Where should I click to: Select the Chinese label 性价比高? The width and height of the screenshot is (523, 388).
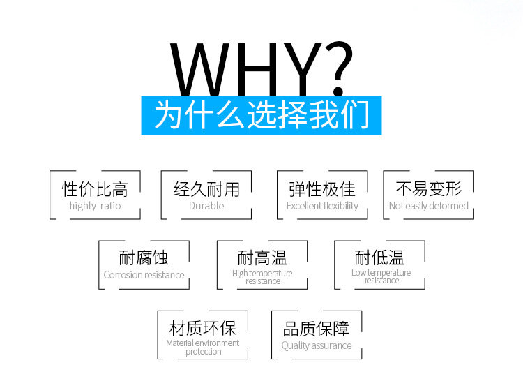[95, 189]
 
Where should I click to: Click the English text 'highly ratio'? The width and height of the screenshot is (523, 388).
[95, 206]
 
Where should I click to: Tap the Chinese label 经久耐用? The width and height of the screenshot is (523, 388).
[206, 189]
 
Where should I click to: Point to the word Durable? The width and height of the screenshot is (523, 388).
[206, 206]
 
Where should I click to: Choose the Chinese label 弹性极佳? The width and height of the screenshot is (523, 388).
[322, 189]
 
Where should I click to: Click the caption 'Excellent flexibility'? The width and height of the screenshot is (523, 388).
[322, 206]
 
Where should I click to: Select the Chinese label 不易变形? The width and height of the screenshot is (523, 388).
[429, 189]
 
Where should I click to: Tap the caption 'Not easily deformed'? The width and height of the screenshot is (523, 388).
[429, 206]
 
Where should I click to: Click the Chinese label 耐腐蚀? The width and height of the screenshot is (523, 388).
[144, 258]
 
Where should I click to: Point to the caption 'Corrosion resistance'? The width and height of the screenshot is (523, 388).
[144, 275]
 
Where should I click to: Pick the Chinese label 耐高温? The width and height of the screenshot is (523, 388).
[262, 258]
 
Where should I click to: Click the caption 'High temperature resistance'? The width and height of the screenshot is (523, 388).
[262, 277]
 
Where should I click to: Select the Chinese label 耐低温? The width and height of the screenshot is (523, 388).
[380, 258]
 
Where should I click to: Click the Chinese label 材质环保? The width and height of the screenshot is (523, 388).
[202, 328]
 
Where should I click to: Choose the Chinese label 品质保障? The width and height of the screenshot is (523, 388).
[317, 329]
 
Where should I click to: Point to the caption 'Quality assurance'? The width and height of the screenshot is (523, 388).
[317, 345]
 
